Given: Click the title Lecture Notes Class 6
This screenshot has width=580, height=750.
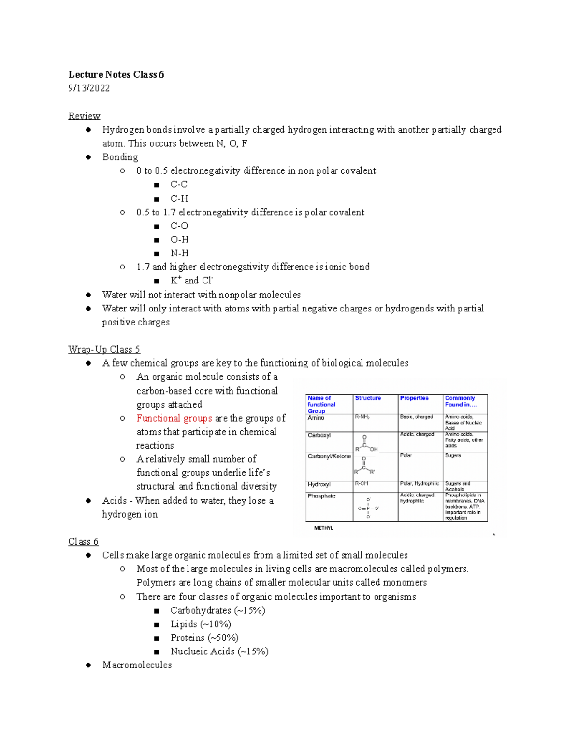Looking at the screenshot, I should pyautogui.click(x=116, y=74).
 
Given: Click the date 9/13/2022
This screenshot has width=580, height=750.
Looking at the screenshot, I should pyautogui.click(x=89, y=88).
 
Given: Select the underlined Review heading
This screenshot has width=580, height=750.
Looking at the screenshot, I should pyautogui.click(x=84, y=116).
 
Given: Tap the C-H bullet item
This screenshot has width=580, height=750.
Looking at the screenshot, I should pyautogui.click(x=179, y=198).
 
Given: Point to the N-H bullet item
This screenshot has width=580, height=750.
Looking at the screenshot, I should pyautogui.click(x=179, y=253).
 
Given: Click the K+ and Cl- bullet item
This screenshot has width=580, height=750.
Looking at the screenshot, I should pyautogui.click(x=191, y=281).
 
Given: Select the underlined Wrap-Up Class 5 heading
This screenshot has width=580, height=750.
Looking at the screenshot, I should pyautogui.click(x=104, y=349).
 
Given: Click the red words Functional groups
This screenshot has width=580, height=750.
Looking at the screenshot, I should pyautogui.click(x=174, y=418).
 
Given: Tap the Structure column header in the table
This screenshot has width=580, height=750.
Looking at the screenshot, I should pyautogui.click(x=368, y=398).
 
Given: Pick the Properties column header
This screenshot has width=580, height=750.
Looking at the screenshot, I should pyautogui.click(x=414, y=398).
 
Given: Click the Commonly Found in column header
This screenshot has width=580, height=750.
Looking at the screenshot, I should pyautogui.click(x=460, y=401).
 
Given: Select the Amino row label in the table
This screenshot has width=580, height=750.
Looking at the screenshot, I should pyautogui.click(x=316, y=418).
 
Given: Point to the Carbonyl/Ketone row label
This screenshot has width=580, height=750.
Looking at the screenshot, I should pyautogui.click(x=329, y=456).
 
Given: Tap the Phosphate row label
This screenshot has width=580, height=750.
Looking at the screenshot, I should pyautogui.click(x=321, y=496).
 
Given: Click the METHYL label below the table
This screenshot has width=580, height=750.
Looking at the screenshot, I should pyautogui.click(x=323, y=528).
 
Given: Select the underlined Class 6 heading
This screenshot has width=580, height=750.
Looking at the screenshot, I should pyautogui.click(x=83, y=541).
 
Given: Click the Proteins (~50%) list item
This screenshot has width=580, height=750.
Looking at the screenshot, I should pyautogui.click(x=204, y=637).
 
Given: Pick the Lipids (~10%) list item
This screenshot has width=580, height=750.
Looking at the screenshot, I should pyautogui.click(x=201, y=624).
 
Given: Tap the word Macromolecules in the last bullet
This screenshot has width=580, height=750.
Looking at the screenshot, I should pyautogui.click(x=137, y=665).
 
